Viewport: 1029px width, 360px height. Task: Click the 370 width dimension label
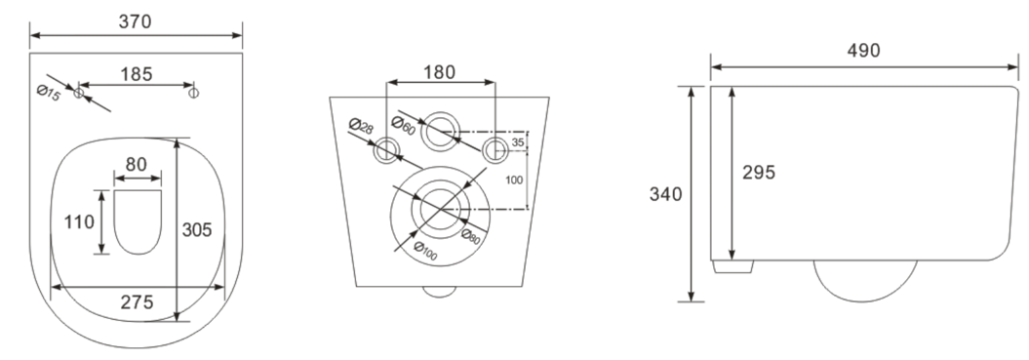click(136, 21)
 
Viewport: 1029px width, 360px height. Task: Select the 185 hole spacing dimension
click(136, 74)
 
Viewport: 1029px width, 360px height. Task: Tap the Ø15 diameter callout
click(49, 94)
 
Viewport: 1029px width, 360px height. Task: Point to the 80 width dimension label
click(136, 164)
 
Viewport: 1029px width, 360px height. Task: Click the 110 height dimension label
click(79, 222)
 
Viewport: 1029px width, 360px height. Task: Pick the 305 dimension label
click(197, 230)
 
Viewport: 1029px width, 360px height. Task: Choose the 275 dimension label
click(138, 302)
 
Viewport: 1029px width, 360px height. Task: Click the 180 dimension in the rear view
click(439, 72)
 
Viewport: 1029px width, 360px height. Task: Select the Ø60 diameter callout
click(403, 125)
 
